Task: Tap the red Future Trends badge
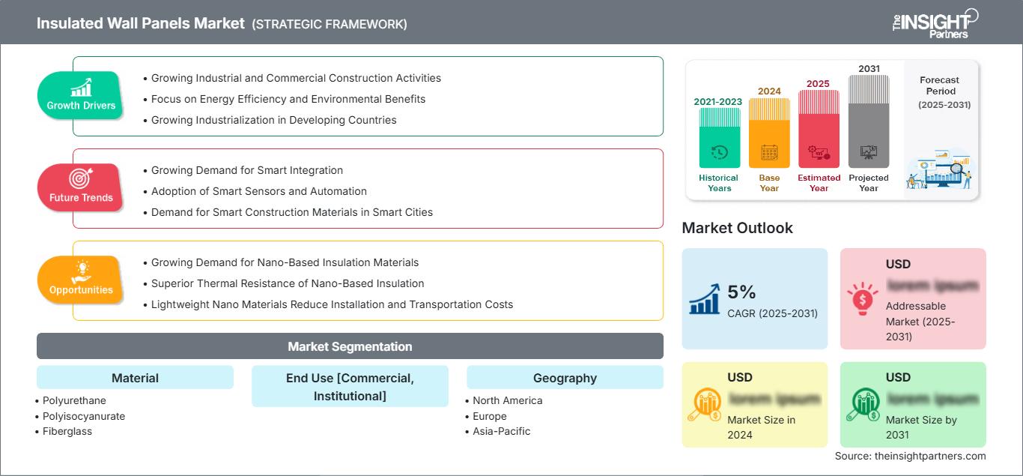81,187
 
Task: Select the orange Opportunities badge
81,280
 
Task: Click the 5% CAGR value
741,292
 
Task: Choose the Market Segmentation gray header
350,346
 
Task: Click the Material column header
135,378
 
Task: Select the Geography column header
565,378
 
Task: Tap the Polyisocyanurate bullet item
84,416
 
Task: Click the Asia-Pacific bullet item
501,431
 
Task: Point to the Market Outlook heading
737,228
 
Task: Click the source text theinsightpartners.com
910,456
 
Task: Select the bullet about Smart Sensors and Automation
259,191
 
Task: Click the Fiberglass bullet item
67,431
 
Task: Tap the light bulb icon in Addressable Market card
862,298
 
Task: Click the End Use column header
350,386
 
